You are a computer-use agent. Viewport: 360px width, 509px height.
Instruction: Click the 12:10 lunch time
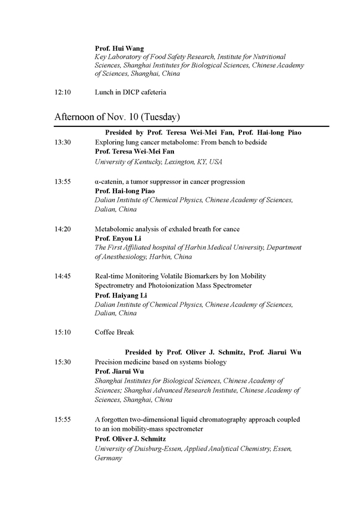(62, 92)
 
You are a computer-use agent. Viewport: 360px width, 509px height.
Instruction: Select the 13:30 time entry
(62, 142)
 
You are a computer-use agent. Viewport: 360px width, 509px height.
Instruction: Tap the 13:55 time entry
(62, 182)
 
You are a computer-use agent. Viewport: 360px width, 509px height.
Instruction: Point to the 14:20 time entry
(62, 229)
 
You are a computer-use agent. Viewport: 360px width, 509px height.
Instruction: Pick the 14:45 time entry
(62, 276)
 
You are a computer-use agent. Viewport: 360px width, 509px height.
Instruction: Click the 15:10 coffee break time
(62, 332)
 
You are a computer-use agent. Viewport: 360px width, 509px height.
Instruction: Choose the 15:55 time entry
(62, 420)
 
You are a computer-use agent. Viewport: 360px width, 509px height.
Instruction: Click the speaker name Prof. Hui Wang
(119, 49)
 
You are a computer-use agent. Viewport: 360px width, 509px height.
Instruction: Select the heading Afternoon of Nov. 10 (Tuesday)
(117, 117)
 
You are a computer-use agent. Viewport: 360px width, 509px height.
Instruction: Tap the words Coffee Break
(114, 332)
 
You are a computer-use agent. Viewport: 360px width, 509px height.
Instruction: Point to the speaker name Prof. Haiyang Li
(121, 296)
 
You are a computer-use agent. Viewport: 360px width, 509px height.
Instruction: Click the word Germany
(108, 459)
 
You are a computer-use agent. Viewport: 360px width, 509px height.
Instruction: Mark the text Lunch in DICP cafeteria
(130, 92)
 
